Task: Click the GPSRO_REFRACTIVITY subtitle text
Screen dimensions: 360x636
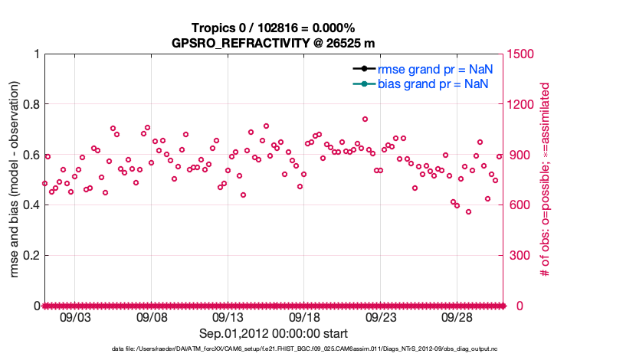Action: click(273, 42)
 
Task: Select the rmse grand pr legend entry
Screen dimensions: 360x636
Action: click(434, 69)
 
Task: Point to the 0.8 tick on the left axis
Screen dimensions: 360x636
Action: click(31, 104)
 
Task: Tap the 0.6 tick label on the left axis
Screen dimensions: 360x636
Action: click(31, 155)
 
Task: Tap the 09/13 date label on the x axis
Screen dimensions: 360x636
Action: click(228, 318)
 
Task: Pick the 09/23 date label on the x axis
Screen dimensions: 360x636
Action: click(380, 318)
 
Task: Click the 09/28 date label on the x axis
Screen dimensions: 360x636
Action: click(457, 318)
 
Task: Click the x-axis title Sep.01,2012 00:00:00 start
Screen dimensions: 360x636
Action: click(273, 334)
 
